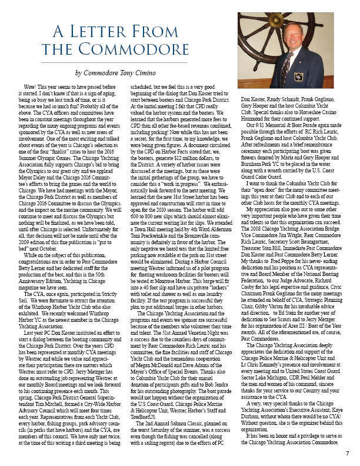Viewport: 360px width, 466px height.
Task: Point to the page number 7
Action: (x=347, y=454)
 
